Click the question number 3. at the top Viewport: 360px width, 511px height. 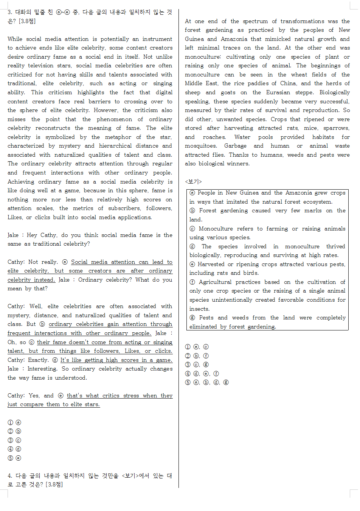pyautogui.click(x=10, y=12)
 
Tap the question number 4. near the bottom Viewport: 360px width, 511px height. pyautogui.click(x=10, y=475)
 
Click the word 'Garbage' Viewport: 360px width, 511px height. pyautogui.click(x=235, y=146)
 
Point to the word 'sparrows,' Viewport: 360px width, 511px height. pyautogui.click(x=336, y=128)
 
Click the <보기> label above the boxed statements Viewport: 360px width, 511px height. pyautogui.click(x=193, y=182)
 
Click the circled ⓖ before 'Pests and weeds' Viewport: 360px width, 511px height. pyautogui.click(x=192, y=318)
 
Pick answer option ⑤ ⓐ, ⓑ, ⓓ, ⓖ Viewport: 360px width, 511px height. pyautogui.click(x=206, y=382)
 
